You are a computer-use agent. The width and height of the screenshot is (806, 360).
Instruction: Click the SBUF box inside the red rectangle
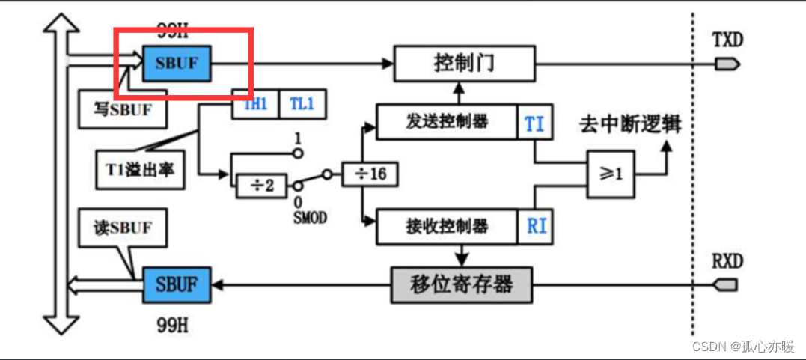(x=177, y=64)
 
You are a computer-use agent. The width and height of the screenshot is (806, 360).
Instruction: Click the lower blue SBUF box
(x=177, y=284)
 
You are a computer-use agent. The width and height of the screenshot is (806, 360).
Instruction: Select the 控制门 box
(x=464, y=64)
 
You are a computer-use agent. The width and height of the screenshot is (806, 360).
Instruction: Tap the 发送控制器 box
(x=447, y=122)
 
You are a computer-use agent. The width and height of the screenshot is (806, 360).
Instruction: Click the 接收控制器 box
(x=447, y=226)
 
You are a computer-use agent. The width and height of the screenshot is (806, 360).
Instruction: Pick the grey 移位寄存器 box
(x=462, y=284)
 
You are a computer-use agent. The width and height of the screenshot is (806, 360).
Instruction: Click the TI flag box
(x=535, y=123)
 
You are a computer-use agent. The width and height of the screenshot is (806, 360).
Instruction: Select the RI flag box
(x=536, y=226)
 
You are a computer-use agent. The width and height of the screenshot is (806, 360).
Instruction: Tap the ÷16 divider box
(x=369, y=174)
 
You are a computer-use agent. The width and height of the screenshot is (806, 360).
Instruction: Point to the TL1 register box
(x=302, y=105)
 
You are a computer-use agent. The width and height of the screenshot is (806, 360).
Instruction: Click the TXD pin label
(x=727, y=40)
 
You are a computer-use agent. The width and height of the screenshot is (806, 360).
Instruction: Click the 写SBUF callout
(x=123, y=109)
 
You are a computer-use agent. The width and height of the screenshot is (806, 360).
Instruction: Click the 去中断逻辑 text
(x=629, y=124)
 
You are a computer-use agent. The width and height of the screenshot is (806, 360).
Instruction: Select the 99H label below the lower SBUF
(x=173, y=326)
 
